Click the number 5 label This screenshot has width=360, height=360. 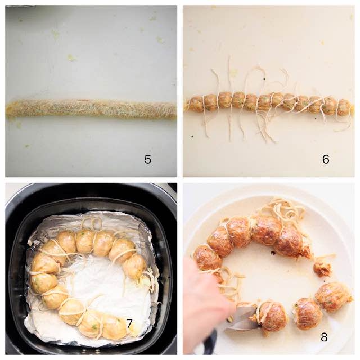(x=147, y=159)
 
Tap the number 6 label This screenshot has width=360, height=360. (x=326, y=159)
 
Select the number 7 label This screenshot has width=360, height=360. (x=129, y=324)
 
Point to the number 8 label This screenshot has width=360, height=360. (x=324, y=337)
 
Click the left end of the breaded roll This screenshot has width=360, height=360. (x=7, y=109)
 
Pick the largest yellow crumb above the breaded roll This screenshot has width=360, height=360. (x=72, y=57)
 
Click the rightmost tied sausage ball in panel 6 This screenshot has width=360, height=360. (x=344, y=107)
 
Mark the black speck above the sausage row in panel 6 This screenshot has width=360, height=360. (x=264, y=79)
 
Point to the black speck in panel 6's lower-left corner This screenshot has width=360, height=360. (x=192, y=136)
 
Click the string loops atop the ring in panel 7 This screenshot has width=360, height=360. (x=92, y=223)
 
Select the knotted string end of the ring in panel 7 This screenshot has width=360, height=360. (x=150, y=279)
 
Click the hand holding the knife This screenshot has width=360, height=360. (x=206, y=308)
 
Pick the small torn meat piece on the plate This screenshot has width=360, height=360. (x=322, y=268)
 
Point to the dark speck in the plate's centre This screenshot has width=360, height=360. (x=273, y=253)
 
